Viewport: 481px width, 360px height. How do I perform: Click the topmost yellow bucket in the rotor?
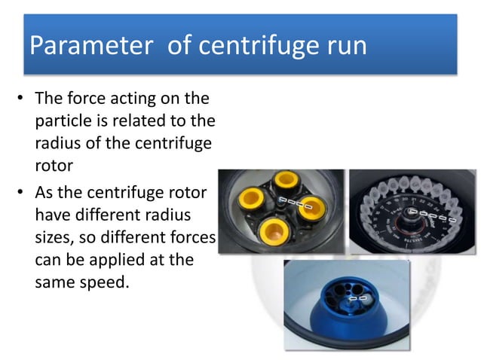(286, 182)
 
